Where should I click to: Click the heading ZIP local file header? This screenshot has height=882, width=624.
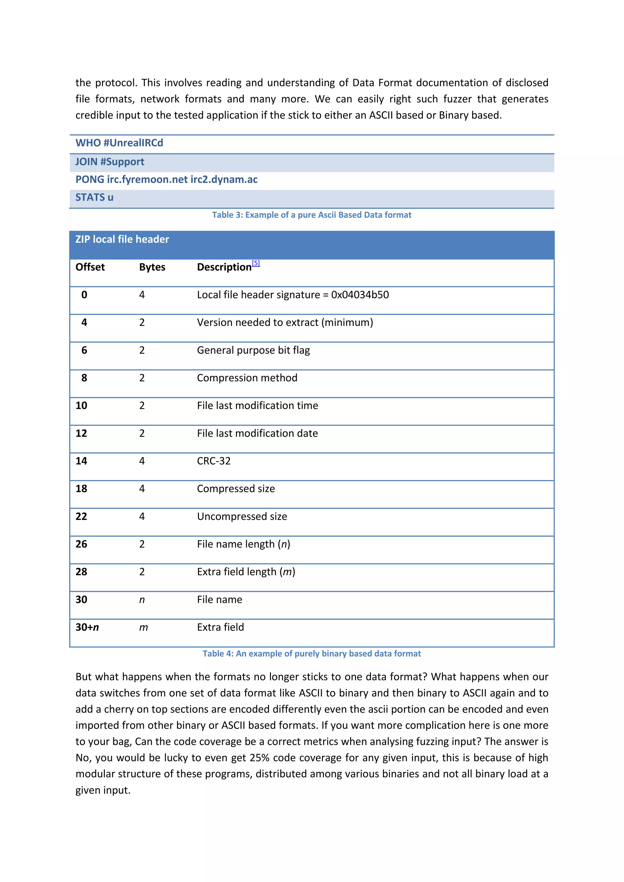click(122, 239)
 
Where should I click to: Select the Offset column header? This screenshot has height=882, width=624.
click(90, 267)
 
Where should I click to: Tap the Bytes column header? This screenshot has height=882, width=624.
click(152, 267)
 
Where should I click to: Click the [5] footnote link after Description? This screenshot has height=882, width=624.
click(256, 263)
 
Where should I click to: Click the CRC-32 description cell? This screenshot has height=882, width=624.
click(214, 461)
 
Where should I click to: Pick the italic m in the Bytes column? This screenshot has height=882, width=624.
click(143, 627)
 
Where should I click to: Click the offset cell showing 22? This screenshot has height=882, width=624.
click(81, 516)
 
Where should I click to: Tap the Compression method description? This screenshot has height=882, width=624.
click(247, 378)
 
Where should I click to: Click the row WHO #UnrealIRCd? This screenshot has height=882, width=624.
click(119, 143)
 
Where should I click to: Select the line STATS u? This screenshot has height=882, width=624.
click(94, 197)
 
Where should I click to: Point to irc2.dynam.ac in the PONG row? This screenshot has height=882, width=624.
click(224, 179)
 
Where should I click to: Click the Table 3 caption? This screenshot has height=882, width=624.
click(312, 215)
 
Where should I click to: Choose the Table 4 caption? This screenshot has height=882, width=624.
click(312, 654)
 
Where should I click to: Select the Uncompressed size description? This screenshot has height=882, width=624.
click(242, 516)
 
